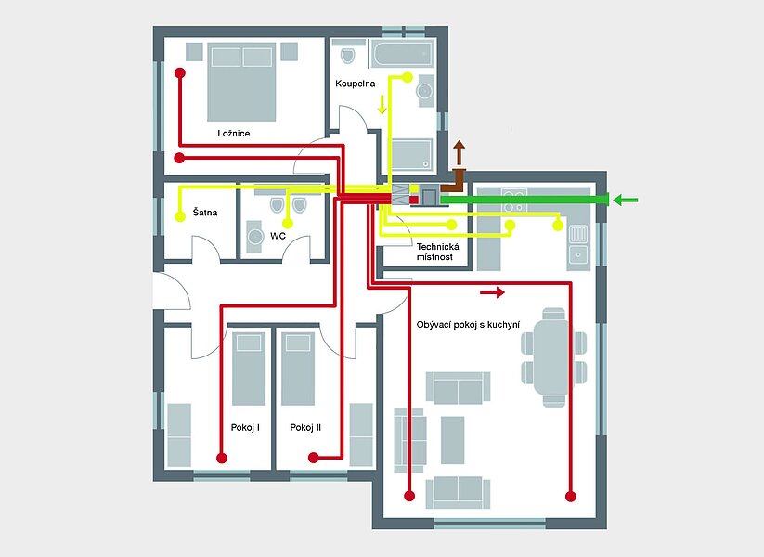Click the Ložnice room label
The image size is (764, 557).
click(x=233, y=134)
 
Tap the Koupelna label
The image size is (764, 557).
click(x=356, y=84)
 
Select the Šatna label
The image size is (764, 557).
click(x=204, y=213)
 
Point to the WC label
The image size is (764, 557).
click(x=278, y=236)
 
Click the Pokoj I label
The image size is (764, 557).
click(x=245, y=427)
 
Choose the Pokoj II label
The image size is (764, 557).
click(x=305, y=427)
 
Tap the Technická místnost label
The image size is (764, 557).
click(x=437, y=252)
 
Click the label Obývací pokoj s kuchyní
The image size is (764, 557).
click(x=468, y=325)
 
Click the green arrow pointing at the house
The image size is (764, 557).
click(x=625, y=200)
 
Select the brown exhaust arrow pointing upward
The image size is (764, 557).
click(x=459, y=153)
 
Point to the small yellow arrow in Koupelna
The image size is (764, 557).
click(x=382, y=105)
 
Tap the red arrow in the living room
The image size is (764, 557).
click(x=493, y=292)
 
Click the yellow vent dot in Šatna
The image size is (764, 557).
click(x=180, y=217)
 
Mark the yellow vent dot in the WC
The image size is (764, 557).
click(x=288, y=224)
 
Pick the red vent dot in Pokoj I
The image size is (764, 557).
click(x=222, y=458)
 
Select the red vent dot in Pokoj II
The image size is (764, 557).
click(x=314, y=458)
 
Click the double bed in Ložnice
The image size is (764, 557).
click(x=241, y=82)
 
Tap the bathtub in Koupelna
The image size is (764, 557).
click(x=403, y=54)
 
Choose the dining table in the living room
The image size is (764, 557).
click(x=550, y=357)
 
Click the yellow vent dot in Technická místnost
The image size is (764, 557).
click(x=452, y=225)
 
